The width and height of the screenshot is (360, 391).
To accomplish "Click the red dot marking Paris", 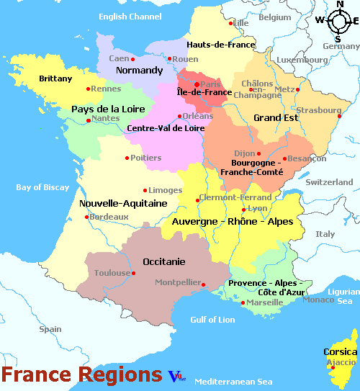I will pos(197,84).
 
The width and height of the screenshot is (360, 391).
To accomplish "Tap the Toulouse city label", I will pos(112,274).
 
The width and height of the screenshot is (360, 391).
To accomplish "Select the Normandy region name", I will pos(140,71).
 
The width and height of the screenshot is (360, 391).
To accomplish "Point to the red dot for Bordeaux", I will pos(87,217).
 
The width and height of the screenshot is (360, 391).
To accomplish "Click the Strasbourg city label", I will pos(318,110).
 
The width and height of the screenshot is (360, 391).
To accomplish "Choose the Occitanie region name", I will pos(163,261).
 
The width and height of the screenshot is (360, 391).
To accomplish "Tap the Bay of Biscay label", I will pos(43,188).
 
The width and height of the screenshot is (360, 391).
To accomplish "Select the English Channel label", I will pos(130,17).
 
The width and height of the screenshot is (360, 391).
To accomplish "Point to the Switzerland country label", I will pos(330,183).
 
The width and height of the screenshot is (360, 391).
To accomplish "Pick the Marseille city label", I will pos(264,302).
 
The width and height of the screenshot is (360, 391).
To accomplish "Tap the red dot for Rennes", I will pos(89,89).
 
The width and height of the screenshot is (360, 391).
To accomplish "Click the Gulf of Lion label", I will pos(212,319).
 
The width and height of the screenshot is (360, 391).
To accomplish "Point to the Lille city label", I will pos(240,23).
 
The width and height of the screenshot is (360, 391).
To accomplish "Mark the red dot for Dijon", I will pos(258,153).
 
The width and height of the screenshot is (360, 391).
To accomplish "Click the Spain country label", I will pos(50,329).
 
